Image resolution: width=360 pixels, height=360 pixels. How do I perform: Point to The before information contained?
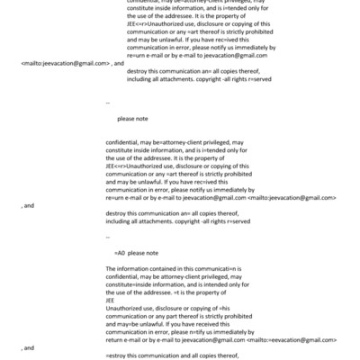pyautogui.click(x=112, y=268)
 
